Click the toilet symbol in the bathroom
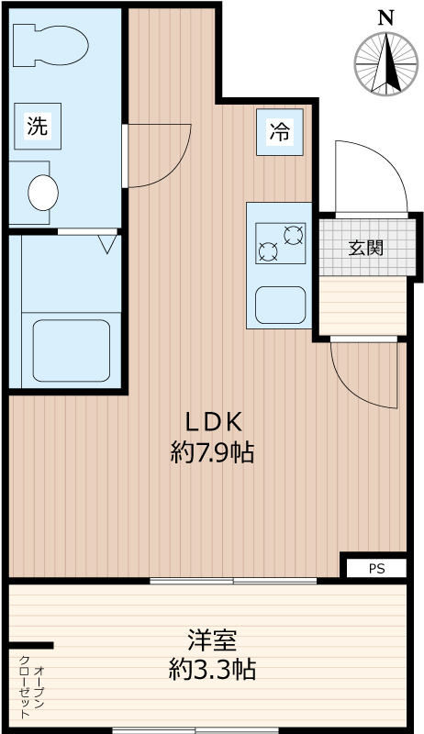[50, 45]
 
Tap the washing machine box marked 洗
[38, 126]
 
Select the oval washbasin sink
[43, 193]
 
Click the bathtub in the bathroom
[72, 350]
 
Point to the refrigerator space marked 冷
[279, 132]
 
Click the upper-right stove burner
[294, 235]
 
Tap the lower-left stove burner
[268, 251]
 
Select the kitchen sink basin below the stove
[280, 305]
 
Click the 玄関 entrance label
[366, 248]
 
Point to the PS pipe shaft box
[376, 568]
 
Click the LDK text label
[215, 422]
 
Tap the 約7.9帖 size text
[213, 452]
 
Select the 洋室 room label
[212, 640]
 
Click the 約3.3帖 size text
[213, 670]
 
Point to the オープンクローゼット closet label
[31, 686]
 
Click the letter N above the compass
[385, 18]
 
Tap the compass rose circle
[385, 64]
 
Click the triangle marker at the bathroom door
[107, 244]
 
